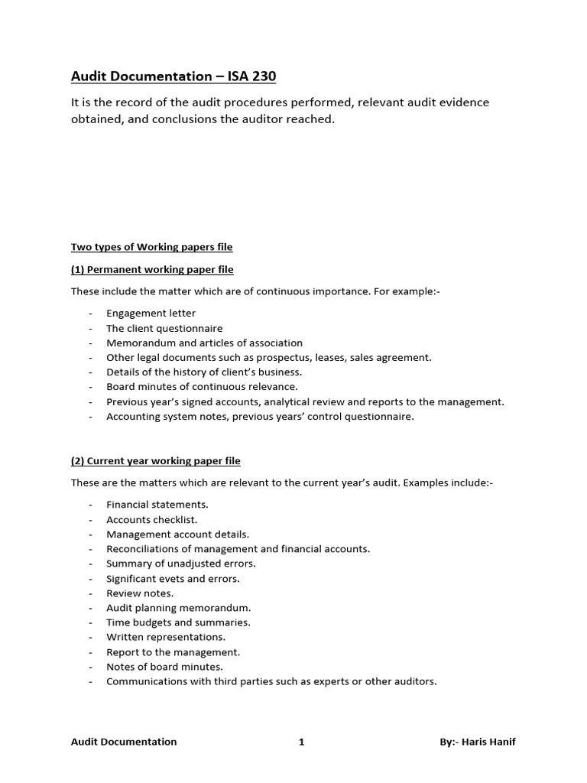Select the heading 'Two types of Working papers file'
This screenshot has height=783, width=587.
pos(151,247)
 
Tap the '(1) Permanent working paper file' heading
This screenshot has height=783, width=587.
pos(152,269)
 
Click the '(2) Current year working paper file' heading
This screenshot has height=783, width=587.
pos(155,461)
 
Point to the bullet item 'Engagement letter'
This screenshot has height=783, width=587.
pos(151,314)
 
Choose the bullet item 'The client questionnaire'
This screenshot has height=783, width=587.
pos(164,328)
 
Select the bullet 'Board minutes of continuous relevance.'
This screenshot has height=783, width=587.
pos(202,387)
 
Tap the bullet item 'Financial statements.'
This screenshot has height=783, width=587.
pos(157,505)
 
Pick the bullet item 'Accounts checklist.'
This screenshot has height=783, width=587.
pos(151,519)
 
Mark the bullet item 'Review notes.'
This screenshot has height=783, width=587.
pos(140,593)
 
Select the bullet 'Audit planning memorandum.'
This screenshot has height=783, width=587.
pos(178,608)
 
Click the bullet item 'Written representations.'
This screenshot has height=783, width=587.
pos(166,637)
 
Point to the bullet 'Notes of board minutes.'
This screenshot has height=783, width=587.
pos(164,667)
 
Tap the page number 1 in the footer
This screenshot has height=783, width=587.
pos(301,742)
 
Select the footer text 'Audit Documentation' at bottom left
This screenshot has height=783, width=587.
pos(124,742)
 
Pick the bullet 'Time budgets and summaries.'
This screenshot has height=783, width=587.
pos(178,622)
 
